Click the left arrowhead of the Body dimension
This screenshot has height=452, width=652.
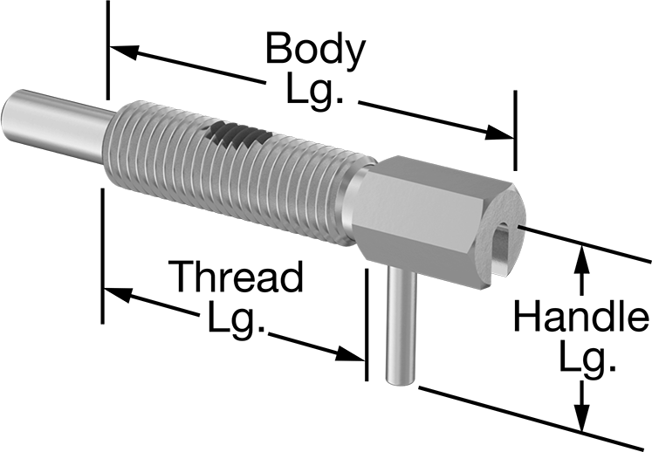[123, 51]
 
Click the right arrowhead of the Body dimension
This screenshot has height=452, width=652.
[499, 133]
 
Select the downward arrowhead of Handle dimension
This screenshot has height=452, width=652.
[581, 416]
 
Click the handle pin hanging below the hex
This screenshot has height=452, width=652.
[401, 325]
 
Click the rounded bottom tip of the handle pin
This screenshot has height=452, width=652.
[400, 380]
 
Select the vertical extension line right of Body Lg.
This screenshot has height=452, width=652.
[516, 131]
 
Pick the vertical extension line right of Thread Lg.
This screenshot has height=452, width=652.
[367, 325]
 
